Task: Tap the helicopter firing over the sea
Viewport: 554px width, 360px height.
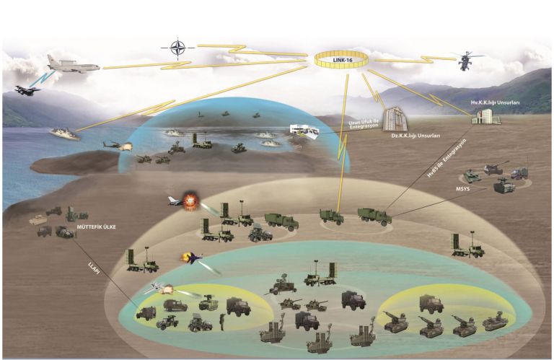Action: (116, 146)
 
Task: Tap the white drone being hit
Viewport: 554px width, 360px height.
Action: (159, 288)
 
